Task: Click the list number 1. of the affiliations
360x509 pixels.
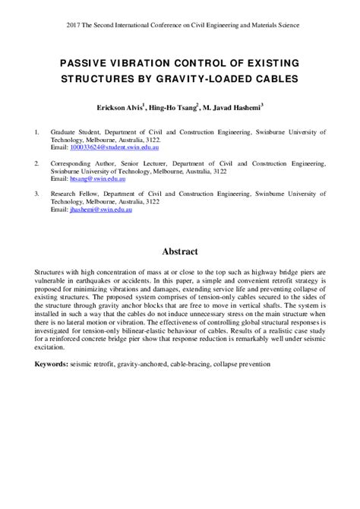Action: pyautogui.click(x=37, y=132)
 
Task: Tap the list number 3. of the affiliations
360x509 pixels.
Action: pyautogui.click(x=37, y=193)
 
